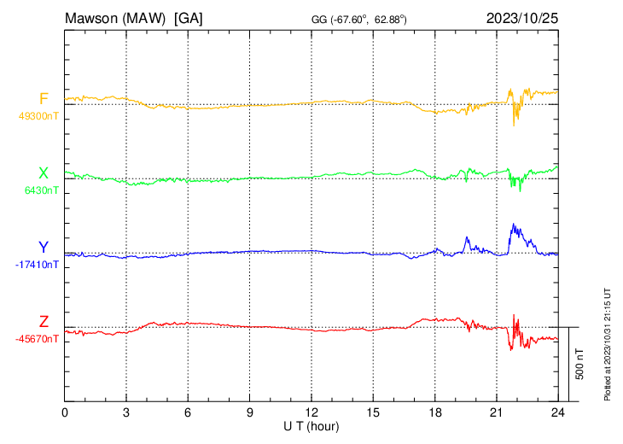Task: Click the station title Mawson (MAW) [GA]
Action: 133,17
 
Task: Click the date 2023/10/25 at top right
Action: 521,17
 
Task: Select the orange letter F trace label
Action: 44,99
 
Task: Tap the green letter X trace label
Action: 44,173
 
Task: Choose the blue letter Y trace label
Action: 44,248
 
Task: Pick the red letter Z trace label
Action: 44,322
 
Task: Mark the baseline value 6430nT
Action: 41,190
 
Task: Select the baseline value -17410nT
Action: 38,265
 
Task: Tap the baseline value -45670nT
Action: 38,339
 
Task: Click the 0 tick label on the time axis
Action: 65,412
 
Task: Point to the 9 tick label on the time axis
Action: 250,412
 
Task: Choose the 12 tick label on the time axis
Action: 311,412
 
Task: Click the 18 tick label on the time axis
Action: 434,412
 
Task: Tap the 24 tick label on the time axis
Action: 557,412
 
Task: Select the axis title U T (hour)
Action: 311,425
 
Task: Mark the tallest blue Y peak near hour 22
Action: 513,225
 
